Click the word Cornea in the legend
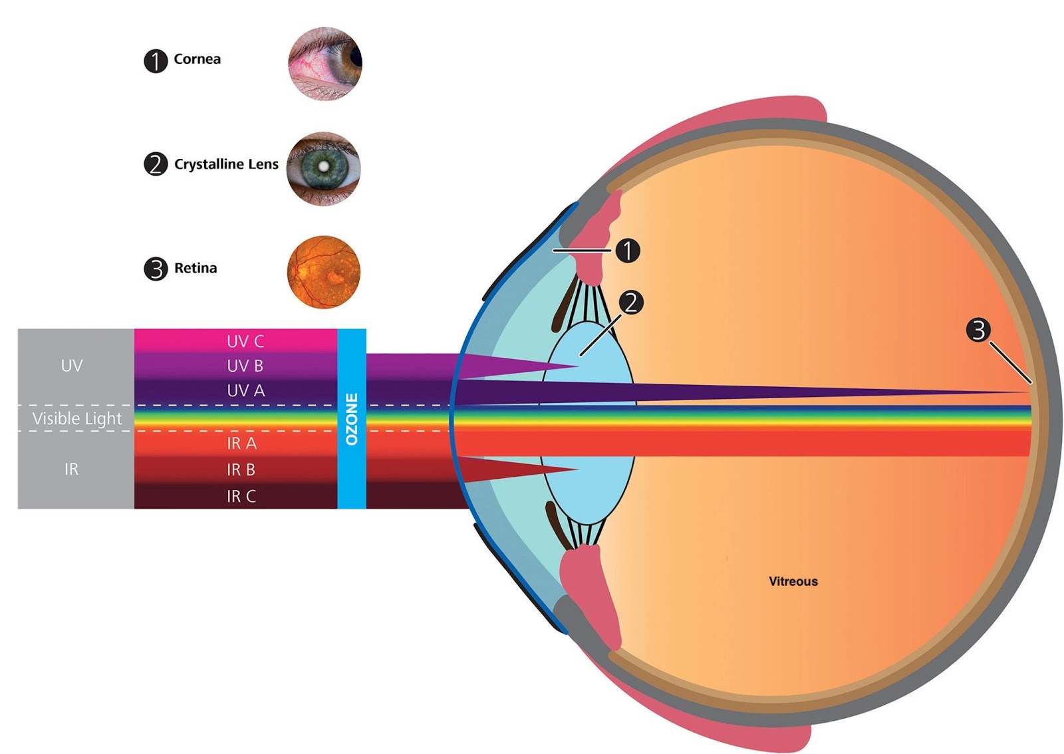tap(197, 59)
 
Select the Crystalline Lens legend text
tap(226, 164)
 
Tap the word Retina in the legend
tap(196, 268)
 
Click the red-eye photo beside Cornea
tap(325, 64)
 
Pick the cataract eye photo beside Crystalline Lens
tap(323, 169)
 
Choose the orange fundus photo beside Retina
tap(324, 273)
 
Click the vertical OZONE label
tap(352, 420)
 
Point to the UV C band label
tap(245, 341)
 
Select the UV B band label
tap(245, 366)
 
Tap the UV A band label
tap(245, 391)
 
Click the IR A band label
tap(242, 443)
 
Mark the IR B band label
tap(241, 469)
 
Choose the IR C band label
tap(241, 496)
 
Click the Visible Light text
tap(77, 419)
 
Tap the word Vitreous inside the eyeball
tap(793, 581)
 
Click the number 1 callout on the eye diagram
tap(628, 251)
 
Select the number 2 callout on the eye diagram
tap(631, 303)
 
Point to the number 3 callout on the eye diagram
tap(978, 330)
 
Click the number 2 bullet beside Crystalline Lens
tap(156, 164)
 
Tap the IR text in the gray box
tap(71, 469)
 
